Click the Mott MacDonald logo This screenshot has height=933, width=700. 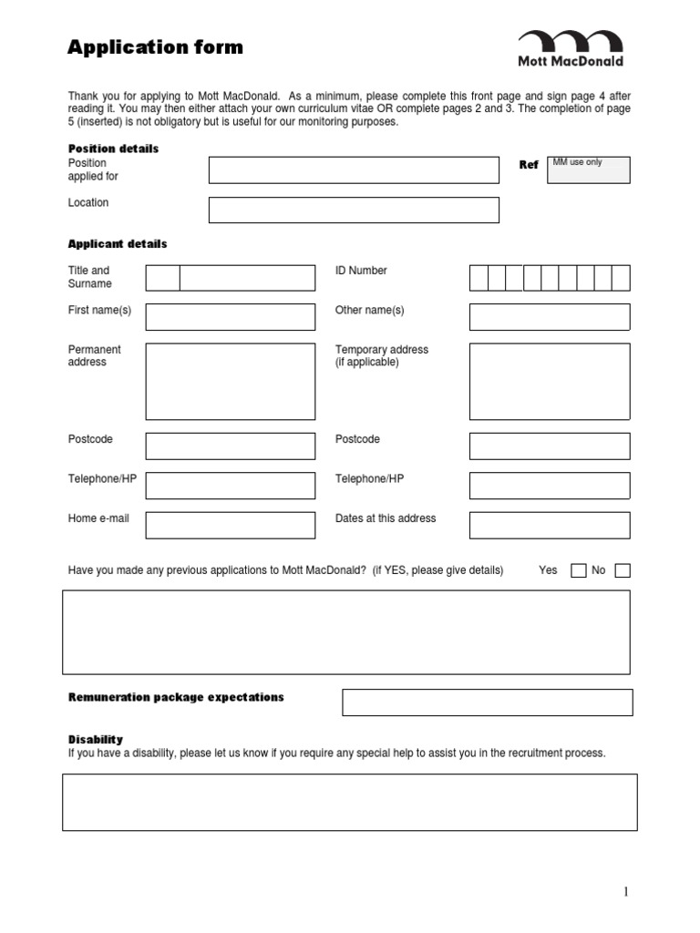click(x=571, y=48)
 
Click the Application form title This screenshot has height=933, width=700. click(x=155, y=47)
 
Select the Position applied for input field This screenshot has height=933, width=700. click(x=354, y=169)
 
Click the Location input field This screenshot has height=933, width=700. click(x=354, y=210)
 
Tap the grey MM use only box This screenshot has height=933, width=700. click(x=588, y=169)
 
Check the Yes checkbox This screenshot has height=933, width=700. click(x=578, y=571)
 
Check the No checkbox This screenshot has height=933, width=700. click(x=623, y=571)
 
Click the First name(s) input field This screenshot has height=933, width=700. click(x=230, y=317)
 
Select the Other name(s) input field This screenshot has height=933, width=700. click(x=549, y=317)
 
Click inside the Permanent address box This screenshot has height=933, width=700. click(x=230, y=381)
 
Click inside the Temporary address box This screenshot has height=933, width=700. click(x=549, y=381)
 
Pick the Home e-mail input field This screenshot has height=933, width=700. click(x=230, y=526)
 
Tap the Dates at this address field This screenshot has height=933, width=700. click(x=549, y=526)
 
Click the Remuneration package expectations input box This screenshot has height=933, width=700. click(x=487, y=702)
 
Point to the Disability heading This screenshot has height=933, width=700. click(x=96, y=739)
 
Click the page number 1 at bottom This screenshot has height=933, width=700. click(x=626, y=892)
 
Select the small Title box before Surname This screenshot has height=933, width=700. click(x=162, y=278)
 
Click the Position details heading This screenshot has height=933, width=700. click(x=113, y=149)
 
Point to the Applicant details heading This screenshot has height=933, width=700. click(x=118, y=244)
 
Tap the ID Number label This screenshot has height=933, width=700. click(x=361, y=271)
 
